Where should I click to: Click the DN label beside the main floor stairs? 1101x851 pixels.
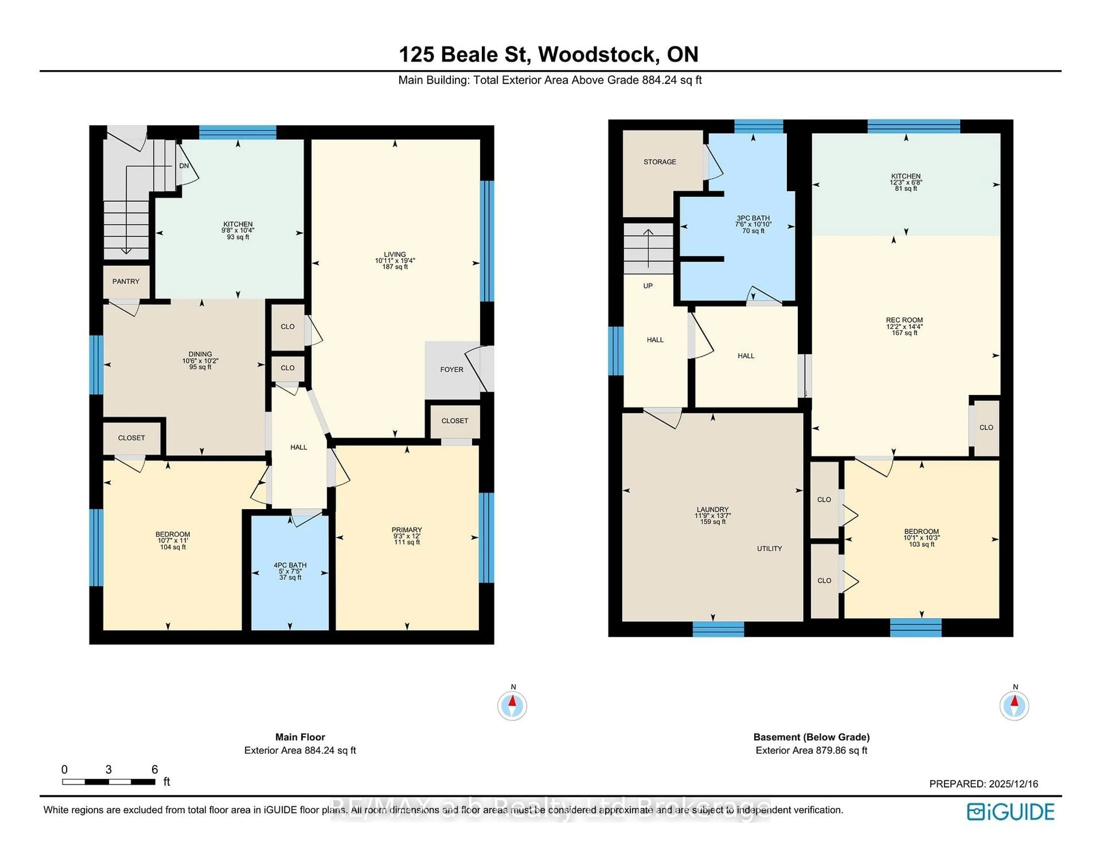[x=184, y=166]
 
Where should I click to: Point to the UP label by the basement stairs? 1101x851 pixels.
[x=648, y=286]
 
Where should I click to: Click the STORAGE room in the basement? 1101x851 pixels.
[x=659, y=162]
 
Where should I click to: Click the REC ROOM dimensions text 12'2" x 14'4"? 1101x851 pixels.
[x=904, y=327]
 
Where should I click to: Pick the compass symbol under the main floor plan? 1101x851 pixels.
[x=512, y=705]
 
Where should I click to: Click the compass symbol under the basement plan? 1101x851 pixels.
[x=1014, y=705]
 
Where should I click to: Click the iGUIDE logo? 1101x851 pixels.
[x=1010, y=812]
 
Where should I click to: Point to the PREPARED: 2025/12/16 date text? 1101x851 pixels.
[x=983, y=784]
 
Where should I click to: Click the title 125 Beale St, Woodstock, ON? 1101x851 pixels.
[x=548, y=55]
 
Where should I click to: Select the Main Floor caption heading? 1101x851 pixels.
[x=300, y=737]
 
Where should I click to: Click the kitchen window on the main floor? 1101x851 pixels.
[x=237, y=132]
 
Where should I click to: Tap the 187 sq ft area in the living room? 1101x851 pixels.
[x=395, y=267]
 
